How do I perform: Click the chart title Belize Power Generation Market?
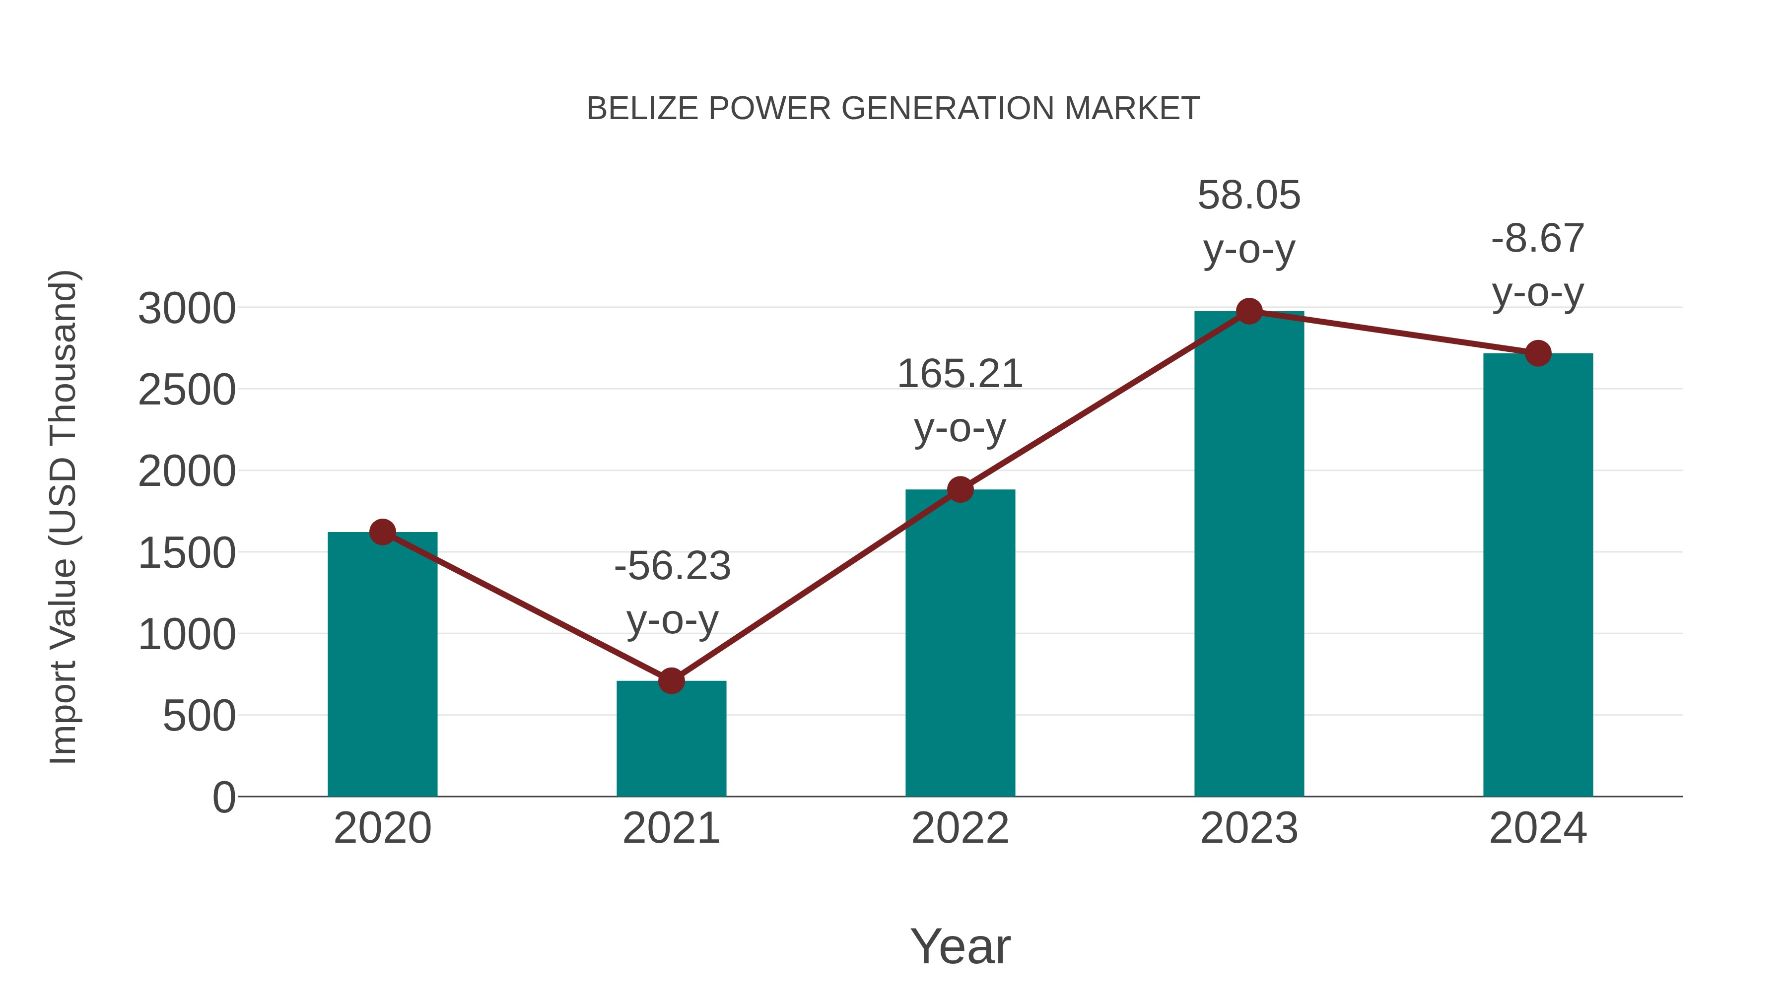[893, 109]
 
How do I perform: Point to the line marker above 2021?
[671, 681]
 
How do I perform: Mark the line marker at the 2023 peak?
[1249, 311]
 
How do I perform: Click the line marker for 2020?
[382, 532]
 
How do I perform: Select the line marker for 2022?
[960, 490]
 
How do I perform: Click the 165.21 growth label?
[960, 375]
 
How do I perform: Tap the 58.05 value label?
[1249, 196]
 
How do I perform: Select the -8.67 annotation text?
[1538, 239]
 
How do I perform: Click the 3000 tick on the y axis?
[187, 309]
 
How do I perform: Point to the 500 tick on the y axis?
[199, 716]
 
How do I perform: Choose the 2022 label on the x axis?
[960, 828]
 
